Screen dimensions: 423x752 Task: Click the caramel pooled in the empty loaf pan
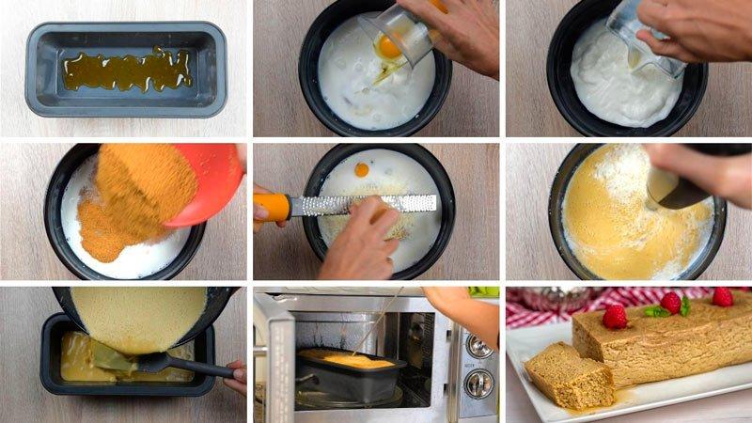127,70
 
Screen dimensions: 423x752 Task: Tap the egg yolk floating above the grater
361,170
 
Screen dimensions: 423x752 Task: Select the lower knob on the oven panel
479,383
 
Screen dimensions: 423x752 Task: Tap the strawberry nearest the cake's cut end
615,317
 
